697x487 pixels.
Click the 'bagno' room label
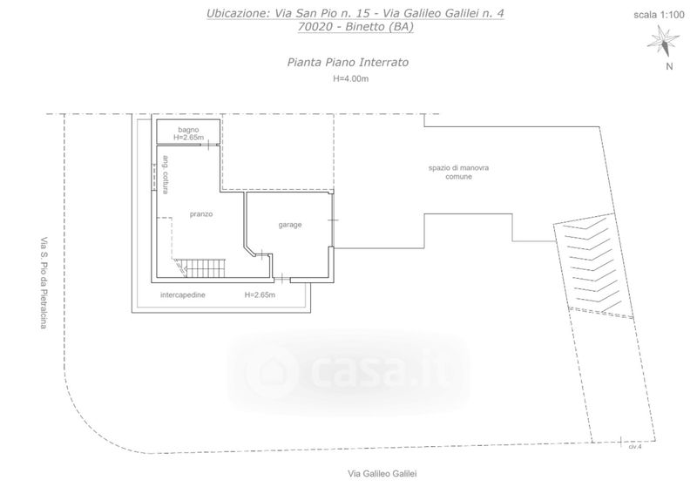pos(188,130)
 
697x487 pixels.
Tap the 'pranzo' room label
pos(201,214)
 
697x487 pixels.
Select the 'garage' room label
pos(290,225)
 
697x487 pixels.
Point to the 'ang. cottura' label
pos(166,174)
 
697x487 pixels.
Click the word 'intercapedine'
pos(183,294)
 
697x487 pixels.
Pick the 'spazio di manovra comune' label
pos(459,172)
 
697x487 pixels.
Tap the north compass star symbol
pos(663,41)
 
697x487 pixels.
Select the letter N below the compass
pos(669,67)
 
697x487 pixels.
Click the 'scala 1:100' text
pos(659,15)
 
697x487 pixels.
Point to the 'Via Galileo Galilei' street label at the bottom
pos(382,474)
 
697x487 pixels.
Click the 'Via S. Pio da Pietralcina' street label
pos(44,282)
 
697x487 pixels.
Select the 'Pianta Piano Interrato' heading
pos(348,62)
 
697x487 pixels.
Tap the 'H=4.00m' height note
pos(351,79)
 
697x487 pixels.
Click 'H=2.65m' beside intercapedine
pos(260,294)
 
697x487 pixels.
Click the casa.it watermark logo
pos(349,372)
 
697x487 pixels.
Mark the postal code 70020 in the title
pos(315,27)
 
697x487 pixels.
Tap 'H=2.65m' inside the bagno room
pos(188,138)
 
